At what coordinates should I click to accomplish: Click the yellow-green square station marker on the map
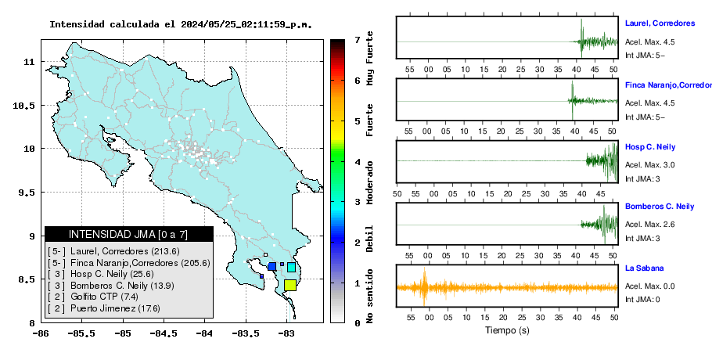(290, 285)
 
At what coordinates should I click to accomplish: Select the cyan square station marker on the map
(292, 267)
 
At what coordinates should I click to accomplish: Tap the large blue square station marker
(272, 267)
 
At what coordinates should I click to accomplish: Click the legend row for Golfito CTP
(93, 297)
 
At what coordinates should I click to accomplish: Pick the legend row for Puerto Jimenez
(104, 308)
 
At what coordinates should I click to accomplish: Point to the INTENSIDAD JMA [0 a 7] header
(128, 234)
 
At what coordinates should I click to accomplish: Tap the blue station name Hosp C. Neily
(649, 147)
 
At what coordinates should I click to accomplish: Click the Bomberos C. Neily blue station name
(660, 207)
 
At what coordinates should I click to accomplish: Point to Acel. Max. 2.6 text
(649, 225)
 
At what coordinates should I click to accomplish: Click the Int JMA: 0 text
(642, 299)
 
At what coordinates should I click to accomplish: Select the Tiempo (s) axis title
(507, 330)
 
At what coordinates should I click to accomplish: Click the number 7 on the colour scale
(357, 40)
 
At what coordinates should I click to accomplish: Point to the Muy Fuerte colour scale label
(370, 58)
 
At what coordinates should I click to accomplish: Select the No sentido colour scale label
(370, 296)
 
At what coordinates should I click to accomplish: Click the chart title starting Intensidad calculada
(181, 24)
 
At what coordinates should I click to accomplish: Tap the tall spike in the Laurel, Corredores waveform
(581, 38)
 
